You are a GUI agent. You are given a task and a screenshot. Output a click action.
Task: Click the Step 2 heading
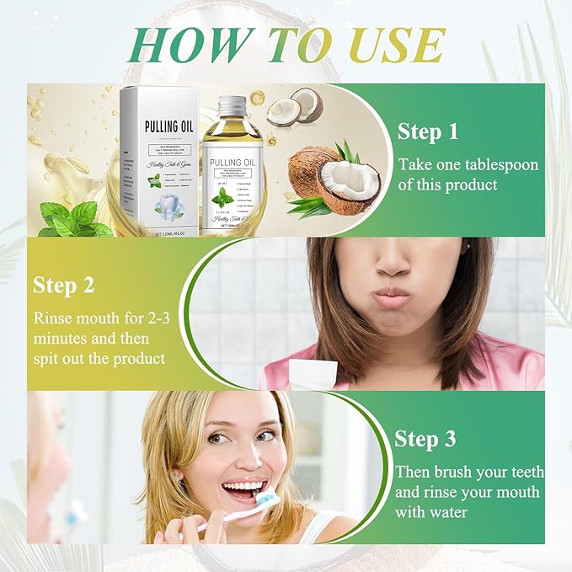tap(64, 285)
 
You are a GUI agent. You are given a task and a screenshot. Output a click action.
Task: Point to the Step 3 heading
tap(425, 439)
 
